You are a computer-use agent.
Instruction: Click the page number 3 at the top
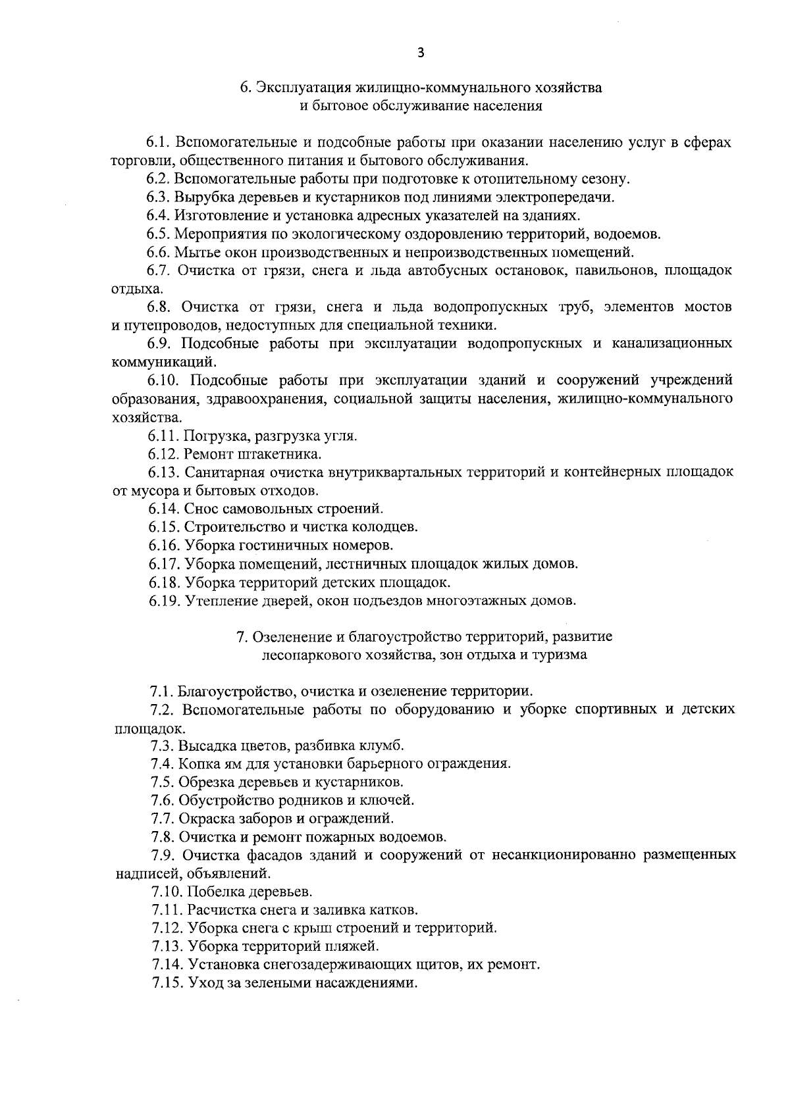pyautogui.click(x=421, y=53)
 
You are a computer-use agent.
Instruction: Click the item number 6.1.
pyautogui.click(x=159, y=143)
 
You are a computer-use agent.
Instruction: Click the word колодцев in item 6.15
pyautogui.click(x=388, y=527)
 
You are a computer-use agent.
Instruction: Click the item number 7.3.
pyautogui.click(x=162, y=746)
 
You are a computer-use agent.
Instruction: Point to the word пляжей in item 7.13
pyautogui.click(x=356, y=947)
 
